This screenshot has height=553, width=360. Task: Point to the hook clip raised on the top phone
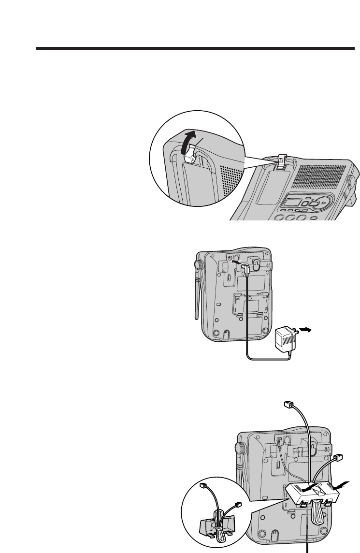tap(282, 163)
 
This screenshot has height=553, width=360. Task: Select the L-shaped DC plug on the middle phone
tap(247, 269)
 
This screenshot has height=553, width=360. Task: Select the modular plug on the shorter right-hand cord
tap(338, 457)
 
